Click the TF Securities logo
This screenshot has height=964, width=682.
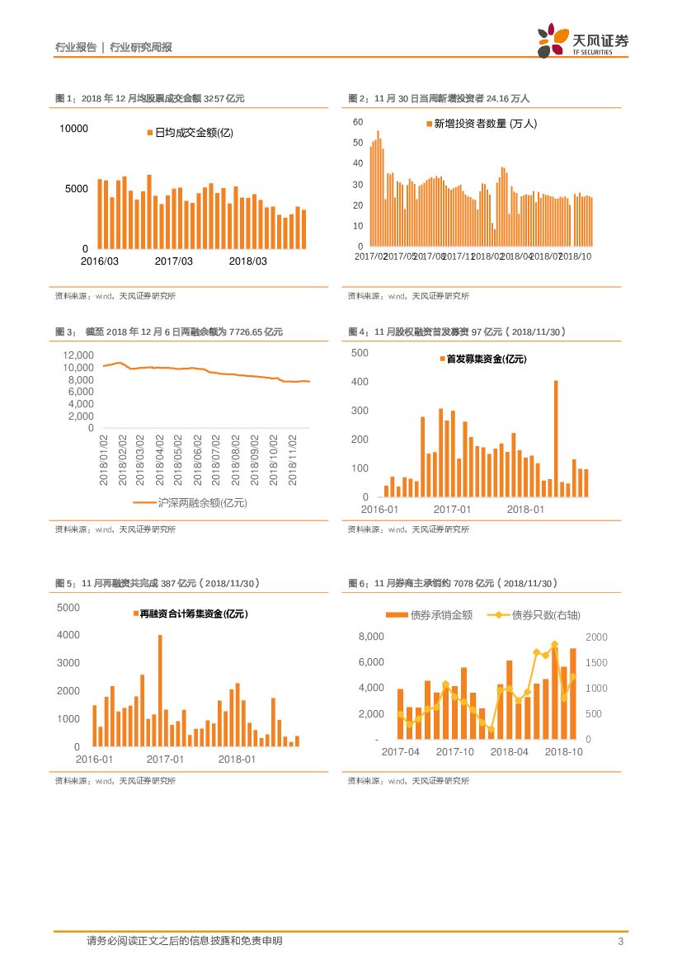point(582,40)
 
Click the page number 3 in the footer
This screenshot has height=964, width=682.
point(619,942)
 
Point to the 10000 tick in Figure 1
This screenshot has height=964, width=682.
point(73,129)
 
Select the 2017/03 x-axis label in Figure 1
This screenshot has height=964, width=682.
point(173,261)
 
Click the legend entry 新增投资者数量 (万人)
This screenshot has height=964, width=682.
point(481,124)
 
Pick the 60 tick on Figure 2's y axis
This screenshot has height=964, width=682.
point(358,122)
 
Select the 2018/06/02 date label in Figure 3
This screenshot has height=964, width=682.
point(198,461)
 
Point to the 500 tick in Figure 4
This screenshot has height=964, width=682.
point(360,353)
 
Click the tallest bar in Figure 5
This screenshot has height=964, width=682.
point(160,690)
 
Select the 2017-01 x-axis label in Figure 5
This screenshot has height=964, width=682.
point(165,759)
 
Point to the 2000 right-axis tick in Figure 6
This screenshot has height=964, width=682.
point(596,637)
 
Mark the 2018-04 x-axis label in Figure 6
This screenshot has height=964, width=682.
point(509,751)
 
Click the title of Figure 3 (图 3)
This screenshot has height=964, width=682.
point(169,332)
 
